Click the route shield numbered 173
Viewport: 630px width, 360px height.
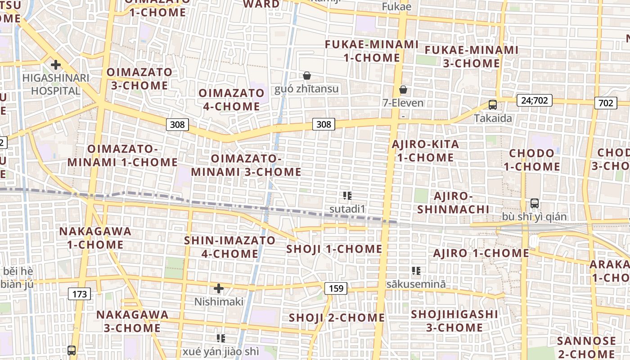80,294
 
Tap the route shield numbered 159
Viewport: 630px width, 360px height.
336,288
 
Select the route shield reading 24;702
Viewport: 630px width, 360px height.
535,100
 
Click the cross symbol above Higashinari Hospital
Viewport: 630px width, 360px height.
56,65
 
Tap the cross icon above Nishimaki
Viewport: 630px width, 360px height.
219,288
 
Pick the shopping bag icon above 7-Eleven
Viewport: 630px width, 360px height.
403,90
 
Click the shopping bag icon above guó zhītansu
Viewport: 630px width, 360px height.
307,75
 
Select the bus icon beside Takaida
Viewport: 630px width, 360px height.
493,105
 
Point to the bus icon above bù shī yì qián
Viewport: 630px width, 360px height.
535,203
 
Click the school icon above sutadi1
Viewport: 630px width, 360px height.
347,196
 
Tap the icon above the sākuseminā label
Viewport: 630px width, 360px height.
416,271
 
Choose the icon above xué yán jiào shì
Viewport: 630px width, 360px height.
220,338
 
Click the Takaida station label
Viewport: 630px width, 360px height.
493,118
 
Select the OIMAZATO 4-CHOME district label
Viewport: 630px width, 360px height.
232,100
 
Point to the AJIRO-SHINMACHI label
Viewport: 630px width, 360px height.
453,202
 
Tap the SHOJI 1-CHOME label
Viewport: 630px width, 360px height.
334,249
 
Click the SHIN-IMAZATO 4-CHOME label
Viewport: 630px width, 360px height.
229,247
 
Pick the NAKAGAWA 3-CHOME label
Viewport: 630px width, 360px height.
132,321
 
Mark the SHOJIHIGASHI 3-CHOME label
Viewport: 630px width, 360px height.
454,320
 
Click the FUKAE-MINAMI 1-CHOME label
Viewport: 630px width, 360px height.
372,51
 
